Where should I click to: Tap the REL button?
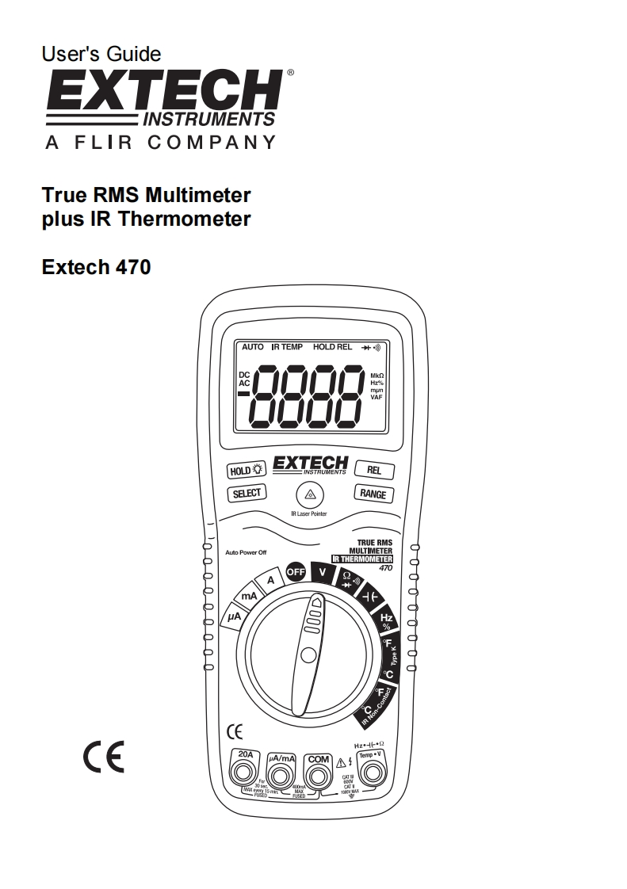pos(373,470)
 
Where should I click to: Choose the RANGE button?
pos(373,494)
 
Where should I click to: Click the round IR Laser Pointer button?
pos(309,496)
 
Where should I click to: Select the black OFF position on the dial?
pos(296,571)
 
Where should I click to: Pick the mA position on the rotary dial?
pos(248,595)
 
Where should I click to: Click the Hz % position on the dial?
pos(387,620)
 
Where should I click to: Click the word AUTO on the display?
pos(252,347)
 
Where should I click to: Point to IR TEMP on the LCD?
pos(287,347)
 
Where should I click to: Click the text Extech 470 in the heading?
pos(96,267)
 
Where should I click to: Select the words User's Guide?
pos(101,54)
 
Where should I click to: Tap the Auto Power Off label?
pos(246,552)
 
